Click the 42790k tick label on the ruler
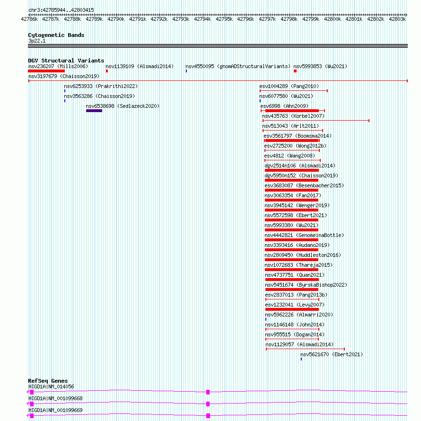click(116, 19)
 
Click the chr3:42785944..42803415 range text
click(61, 10)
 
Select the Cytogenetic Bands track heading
click(56, 35)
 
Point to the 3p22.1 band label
click(37, 41)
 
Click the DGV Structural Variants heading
click(66, 61)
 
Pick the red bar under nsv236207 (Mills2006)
click(46, 71)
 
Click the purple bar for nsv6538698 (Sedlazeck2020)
click(94, 111)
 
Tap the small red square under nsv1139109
click(107, 71)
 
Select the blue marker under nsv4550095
click(186, 71)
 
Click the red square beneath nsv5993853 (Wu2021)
click(295, 71)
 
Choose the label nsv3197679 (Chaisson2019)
click(64, 76)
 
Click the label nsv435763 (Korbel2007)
click(293, 116)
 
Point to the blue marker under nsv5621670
click(301, 359)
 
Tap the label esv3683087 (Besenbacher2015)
click(304, 185)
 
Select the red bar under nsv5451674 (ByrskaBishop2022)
click(291, 289)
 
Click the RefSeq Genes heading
click(48, 381)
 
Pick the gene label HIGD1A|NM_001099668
click(55, 398)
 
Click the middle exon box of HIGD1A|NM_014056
click(208, 392)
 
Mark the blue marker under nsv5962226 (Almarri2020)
click(266, 319)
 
